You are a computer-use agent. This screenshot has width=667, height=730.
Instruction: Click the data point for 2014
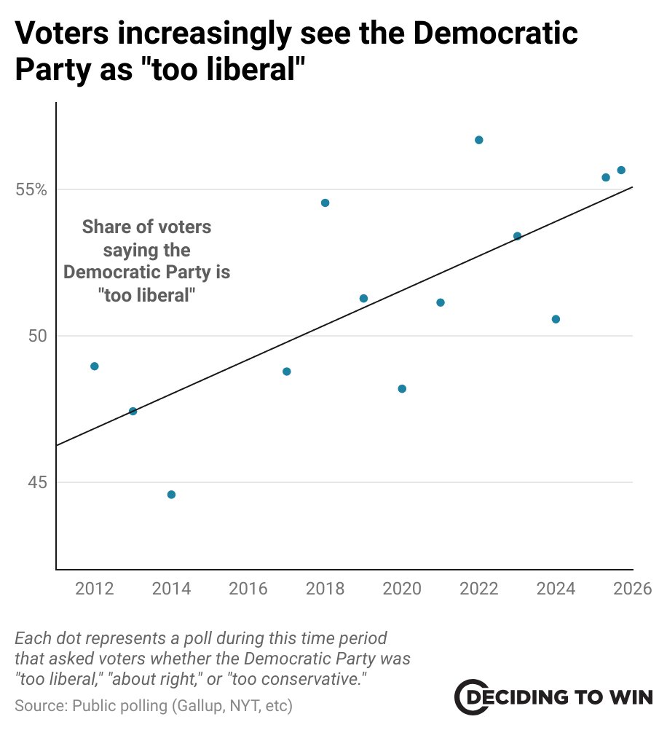[x=171, y=495]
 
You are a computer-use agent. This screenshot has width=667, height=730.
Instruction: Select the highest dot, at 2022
[x=478, y=140]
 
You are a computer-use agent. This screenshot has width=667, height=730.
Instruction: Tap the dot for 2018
[x=325, y=203]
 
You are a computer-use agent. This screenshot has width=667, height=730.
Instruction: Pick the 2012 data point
[x=94, y=366]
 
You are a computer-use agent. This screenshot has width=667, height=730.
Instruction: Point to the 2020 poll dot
[x=402, y=389]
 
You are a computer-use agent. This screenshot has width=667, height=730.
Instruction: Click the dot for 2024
[x=556, y=319]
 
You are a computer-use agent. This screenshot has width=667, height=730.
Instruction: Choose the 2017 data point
[x=286, y=372]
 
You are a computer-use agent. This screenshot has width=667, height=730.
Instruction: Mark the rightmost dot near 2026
[x=621, y=170]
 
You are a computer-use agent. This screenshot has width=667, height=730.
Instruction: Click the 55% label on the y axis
[x=31, y=190]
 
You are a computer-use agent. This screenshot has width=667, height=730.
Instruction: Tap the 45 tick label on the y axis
[x=36, y=482]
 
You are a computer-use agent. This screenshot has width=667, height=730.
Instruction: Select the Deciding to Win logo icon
[x=469, y=698]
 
